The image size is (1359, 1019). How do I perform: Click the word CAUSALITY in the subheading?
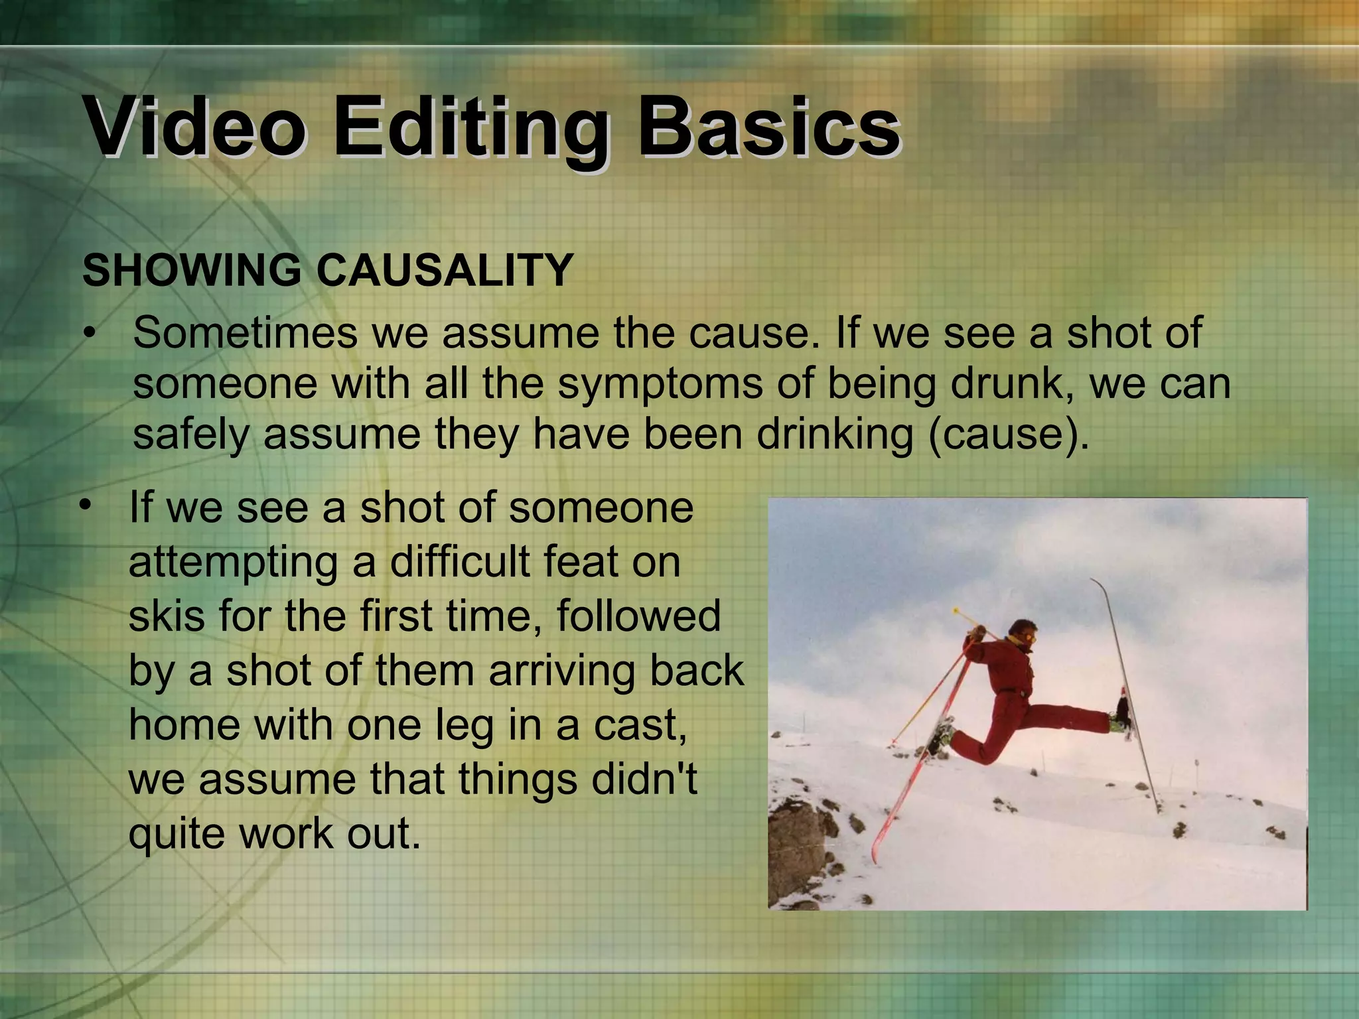tap(444, 271)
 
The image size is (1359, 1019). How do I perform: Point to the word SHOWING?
tap(192, 271)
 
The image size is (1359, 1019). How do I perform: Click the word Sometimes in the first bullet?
tap(245, 332)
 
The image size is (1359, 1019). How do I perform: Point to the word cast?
tap(640, 724)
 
